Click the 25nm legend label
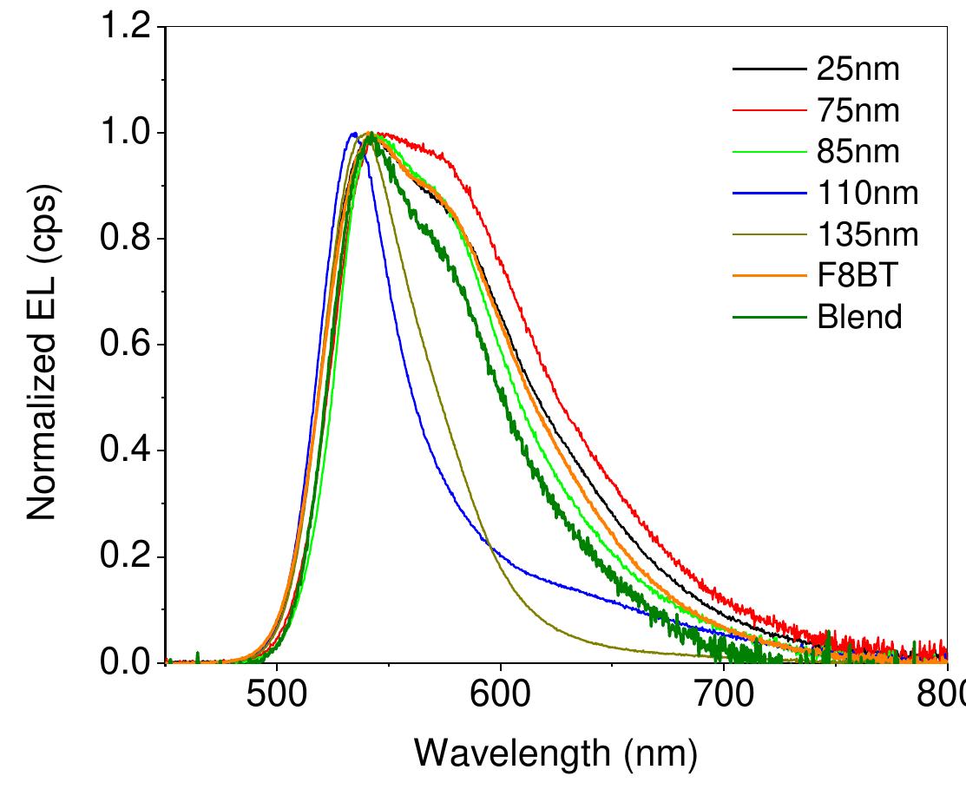pos(858,69)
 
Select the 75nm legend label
pos(858,111)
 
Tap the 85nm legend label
pos(858,152)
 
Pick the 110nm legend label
pos(866,194)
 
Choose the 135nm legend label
pos(866,235)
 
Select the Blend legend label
pos(859,318)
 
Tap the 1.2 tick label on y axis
pos(125,28)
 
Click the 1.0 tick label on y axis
pos(125,134)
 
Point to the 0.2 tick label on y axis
pos(125,557)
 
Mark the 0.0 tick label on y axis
pos(125,662)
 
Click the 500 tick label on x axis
pos(277,696)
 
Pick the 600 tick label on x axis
pos(500,696)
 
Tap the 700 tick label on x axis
pos(724,696)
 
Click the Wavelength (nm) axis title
pos(555,753)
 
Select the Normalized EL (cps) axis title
pos(42,356)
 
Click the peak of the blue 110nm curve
pos(353,134)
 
